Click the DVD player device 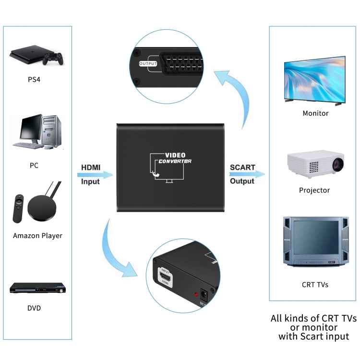[x=37, y=288]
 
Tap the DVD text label [x=34, y=308]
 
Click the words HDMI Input [x=91, y=174]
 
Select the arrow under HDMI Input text [x=96, y=176]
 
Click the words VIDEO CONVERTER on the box [x=175, y=158]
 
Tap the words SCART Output [x=242, y=174]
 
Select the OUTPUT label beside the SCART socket [x=148, y=63]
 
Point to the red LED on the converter [x=196, y=294]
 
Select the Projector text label [x=314, y=190]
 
